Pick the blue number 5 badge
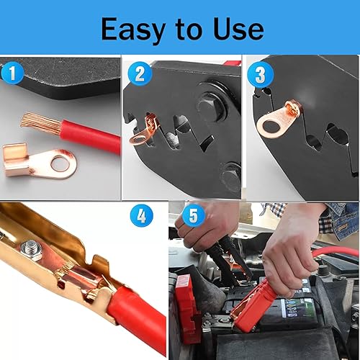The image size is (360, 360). click(x=192, y=215)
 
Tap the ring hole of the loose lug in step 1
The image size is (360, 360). click(x=61, y=166)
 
